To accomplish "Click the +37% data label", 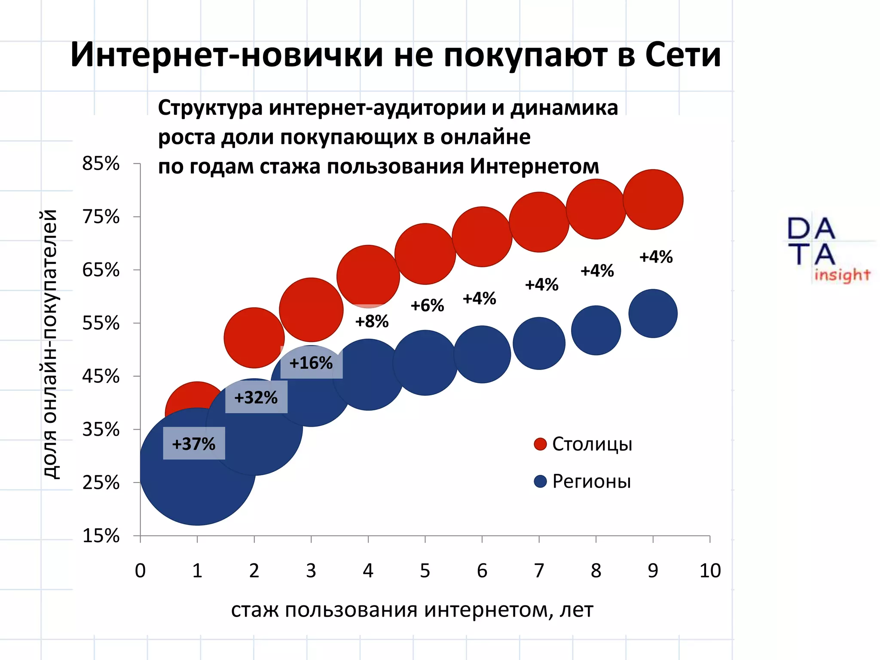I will tap(194, 443).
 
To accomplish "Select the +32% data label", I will tap(256, 397).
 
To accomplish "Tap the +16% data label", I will tap(311, 363).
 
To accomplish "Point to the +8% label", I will tap(372, 321).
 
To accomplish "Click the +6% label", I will tap(427, 306).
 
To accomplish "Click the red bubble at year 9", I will tap(653, 199).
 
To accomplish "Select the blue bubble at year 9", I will tap(653, 313).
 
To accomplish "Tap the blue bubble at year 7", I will tap(539, 343).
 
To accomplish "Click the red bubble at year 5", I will tap(425, 254).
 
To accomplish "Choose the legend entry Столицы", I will tap(592, 444).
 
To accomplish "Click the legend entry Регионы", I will tap(591, 481).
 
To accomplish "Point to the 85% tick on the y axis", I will tap(101, 164).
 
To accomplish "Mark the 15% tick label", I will tap(101, 536).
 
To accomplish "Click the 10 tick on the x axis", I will tap(710, 571).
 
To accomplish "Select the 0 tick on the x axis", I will tap(141, 571).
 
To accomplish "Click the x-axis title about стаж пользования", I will tap(412, 609).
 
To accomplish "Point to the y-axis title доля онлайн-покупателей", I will tap(51, 344).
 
